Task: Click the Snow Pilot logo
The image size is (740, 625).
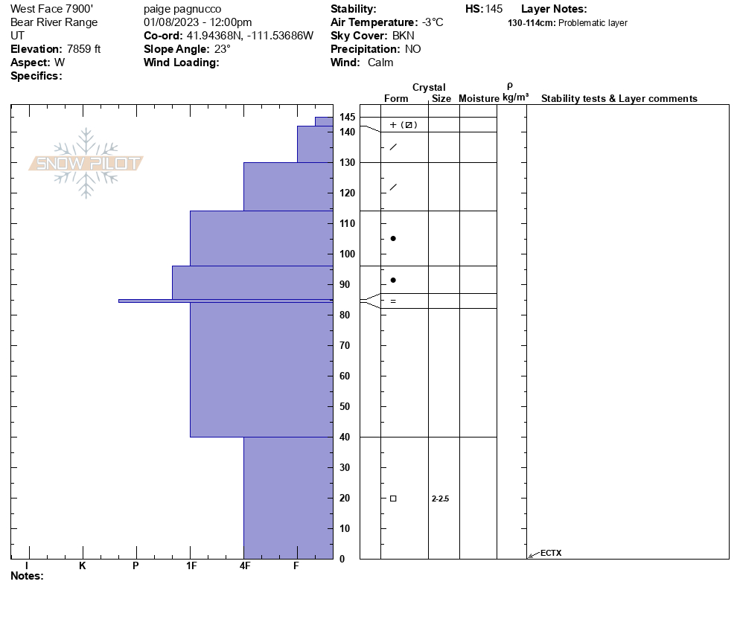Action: coord(86,164)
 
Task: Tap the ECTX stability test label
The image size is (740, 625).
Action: coord(551,553)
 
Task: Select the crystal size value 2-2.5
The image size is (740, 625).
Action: coord(440,499)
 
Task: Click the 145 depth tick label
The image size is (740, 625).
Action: coord(347,118)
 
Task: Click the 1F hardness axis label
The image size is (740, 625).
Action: coord(191,566)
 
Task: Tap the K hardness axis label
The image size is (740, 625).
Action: coord(83,566)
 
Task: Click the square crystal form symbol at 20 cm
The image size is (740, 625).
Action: coord(393,499)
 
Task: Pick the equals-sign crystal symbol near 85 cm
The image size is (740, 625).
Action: coord(393,301)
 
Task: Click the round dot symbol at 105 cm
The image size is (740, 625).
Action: coord(393,239)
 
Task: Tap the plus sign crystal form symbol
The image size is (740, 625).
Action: coord(393,125)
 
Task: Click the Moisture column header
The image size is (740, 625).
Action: coord(479,99)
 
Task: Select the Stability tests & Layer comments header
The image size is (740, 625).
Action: coord(619,99)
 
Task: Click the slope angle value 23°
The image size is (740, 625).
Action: coord(221,49)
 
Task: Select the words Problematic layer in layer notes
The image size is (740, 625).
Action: coord(593,23)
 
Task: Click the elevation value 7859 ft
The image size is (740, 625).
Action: coord(83,49)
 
